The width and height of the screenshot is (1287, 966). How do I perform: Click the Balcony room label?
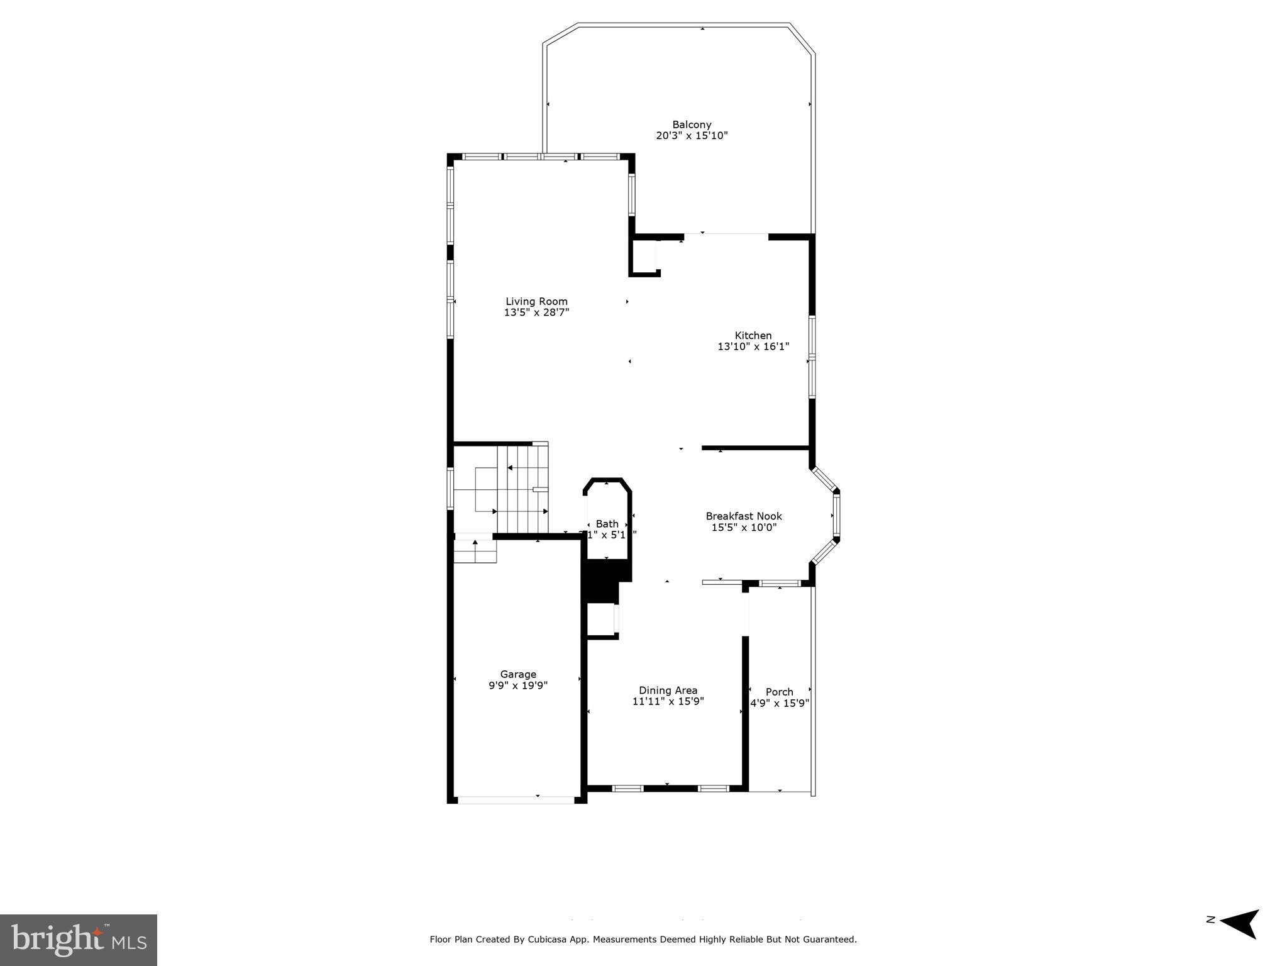click(692, 125)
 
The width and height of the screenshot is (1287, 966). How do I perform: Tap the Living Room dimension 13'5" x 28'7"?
click(536, 313)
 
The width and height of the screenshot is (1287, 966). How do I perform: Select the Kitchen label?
click(753, 335)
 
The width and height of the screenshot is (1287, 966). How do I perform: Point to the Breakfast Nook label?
click(744, 516)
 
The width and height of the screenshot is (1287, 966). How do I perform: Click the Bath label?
click(607, 523)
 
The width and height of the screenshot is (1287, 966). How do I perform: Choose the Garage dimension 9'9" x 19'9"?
click(518, 686)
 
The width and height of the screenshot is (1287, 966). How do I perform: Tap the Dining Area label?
click(668, 690)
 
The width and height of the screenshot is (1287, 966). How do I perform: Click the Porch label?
click(779, 692)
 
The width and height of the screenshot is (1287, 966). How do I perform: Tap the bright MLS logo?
click(79, 940)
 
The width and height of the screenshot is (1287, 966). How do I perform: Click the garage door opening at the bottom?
click(516, 800)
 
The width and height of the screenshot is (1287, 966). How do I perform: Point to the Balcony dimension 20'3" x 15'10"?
click(692, 135)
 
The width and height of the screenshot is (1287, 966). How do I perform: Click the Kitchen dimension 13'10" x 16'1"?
click(753, 347)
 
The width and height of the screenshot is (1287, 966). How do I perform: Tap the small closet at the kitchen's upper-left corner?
click(644, 257)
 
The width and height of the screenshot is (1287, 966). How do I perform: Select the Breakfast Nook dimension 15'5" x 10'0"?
click(744, 527)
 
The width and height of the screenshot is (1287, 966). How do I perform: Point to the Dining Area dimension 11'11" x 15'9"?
click(668, 701)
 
